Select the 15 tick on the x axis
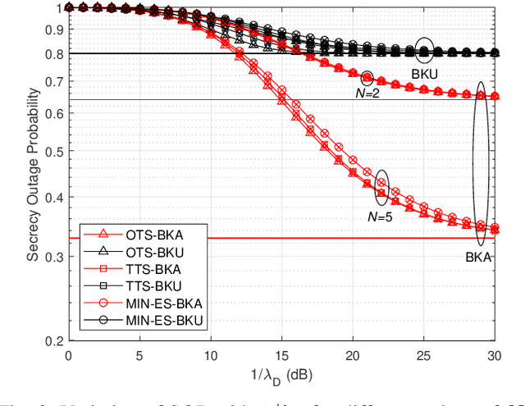(281, 355)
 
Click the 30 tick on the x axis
(494, 355)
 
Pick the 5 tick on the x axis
(139, 355)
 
